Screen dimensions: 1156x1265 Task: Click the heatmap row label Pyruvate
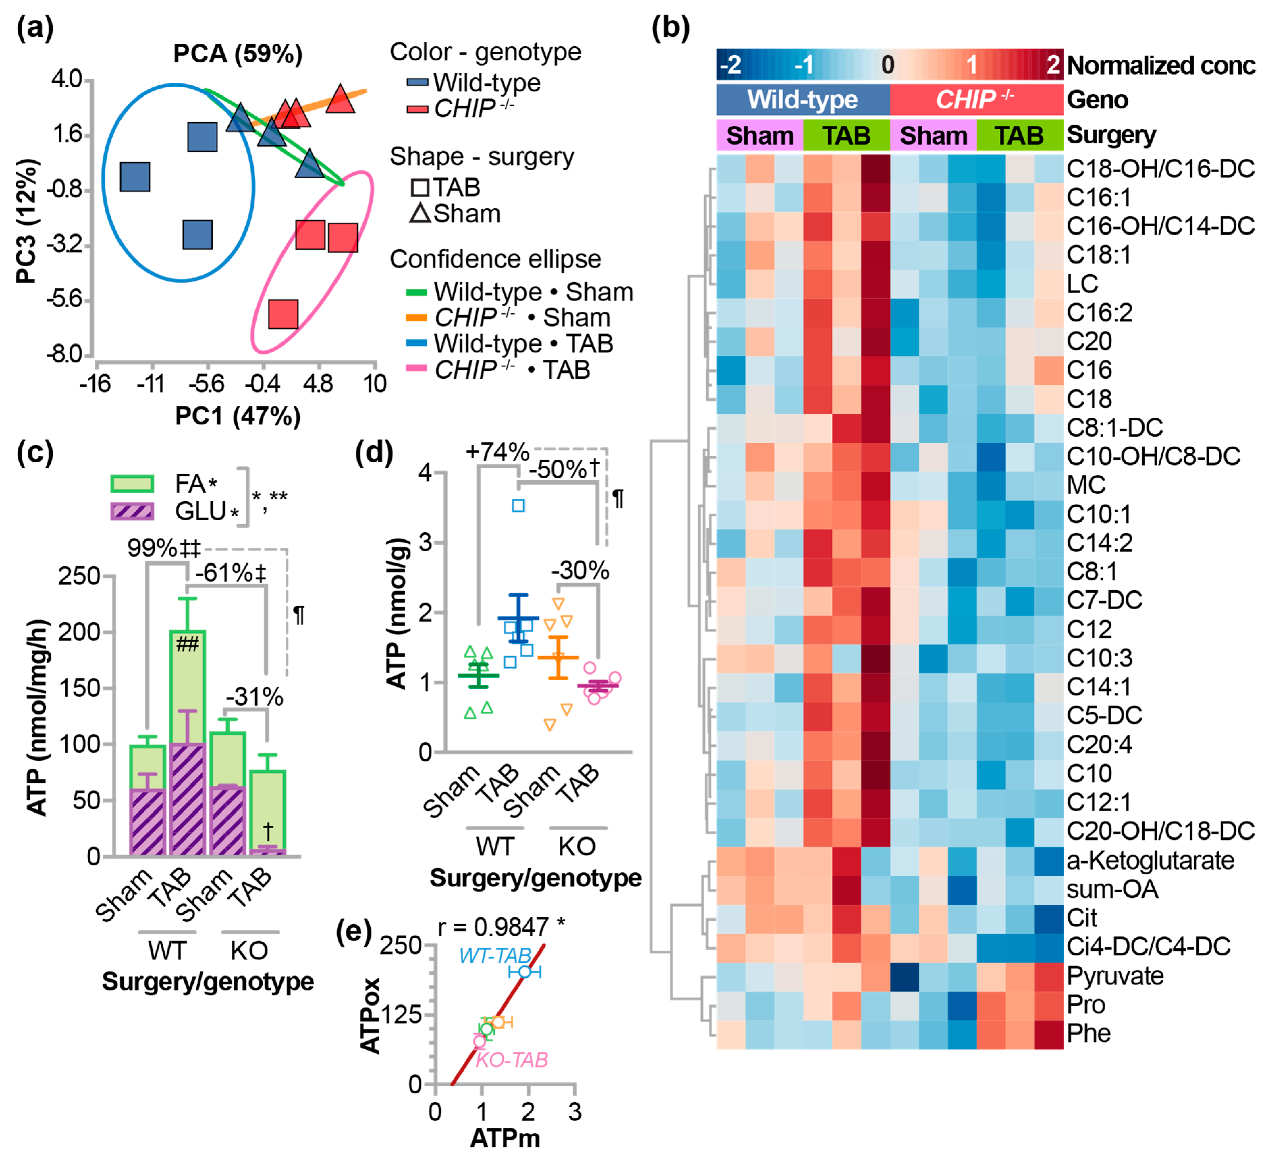[x=1115, y=976]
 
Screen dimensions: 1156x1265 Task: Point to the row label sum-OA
[x=1112, y=889]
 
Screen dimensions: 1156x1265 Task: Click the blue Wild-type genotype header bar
[x=803, y=100]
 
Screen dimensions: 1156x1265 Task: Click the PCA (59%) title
[x=238, y=54]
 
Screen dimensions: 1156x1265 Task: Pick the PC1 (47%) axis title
[x=238, y=416]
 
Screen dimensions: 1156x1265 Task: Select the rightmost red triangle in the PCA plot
[x=340, y=99]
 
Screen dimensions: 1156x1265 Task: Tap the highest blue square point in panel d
[x=518, y=505]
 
